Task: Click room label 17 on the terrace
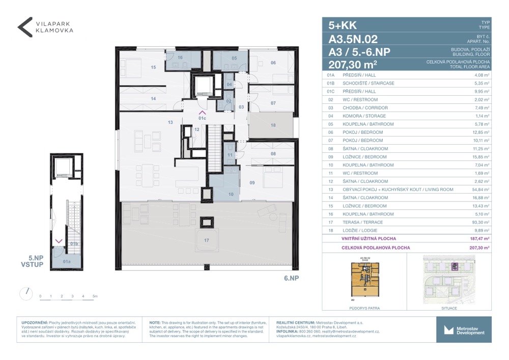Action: [207, 240]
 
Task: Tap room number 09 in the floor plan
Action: [252, 182]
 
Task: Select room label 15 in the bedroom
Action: [153, 67]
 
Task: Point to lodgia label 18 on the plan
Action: [273, 125]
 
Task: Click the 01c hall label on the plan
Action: [202, 118]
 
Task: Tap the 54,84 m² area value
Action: [479, 189]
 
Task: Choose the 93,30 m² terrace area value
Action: [479, 223]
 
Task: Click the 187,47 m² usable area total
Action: [479, 238]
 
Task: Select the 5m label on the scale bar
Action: [95, 296]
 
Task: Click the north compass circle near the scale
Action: [25, 294]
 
